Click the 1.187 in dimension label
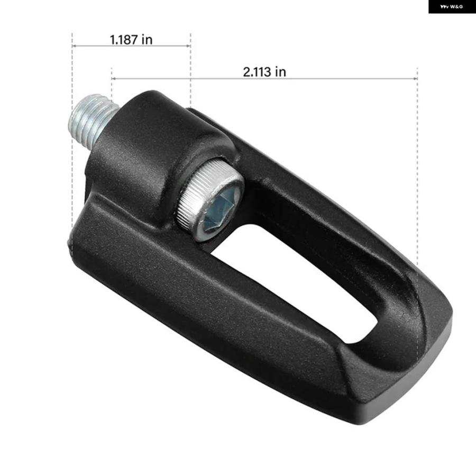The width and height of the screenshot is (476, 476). pos(131,40)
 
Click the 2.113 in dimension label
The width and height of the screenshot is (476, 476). pos(264,72)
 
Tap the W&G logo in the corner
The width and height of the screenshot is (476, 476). pos(452,6)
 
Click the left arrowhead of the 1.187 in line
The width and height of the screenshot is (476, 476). pos(74,46)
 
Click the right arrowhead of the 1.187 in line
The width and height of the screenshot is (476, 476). pos(189,46)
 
